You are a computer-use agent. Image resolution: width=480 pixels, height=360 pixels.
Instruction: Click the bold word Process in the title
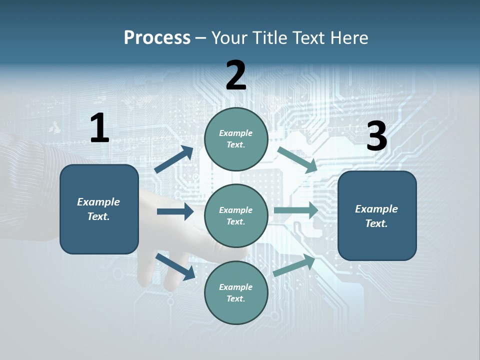pyautogui.click(x=157, y=37)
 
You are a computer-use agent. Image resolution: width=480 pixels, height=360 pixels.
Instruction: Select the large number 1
pyautogui.click(x=99, y=128)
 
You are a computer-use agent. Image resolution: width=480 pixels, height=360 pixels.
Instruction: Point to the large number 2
pyautogui.click(x=236, y=75)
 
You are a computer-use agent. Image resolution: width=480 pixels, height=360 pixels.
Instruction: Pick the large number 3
pyautogui.click(x=376, y=136)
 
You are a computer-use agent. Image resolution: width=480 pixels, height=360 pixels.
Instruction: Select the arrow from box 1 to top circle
pyautogui.click(x=173, y=159)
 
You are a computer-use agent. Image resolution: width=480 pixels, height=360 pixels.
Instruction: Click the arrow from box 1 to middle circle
pyautogui.click(x=175, y=211)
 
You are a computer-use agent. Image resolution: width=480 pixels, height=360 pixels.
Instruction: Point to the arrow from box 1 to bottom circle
pyautogui.click(x=175, y=266)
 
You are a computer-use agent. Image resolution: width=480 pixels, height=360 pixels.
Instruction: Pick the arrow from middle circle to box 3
pyautogui.click(x=296, y=210)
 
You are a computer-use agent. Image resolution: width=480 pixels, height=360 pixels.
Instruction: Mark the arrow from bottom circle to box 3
pyautogui.click(x=294, y=265)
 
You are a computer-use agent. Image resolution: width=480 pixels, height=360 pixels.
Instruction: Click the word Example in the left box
pyautogui.click(x=98, y=202)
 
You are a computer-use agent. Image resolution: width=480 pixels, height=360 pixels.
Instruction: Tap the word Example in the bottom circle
pyautogui.click(x=235, y=287)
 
